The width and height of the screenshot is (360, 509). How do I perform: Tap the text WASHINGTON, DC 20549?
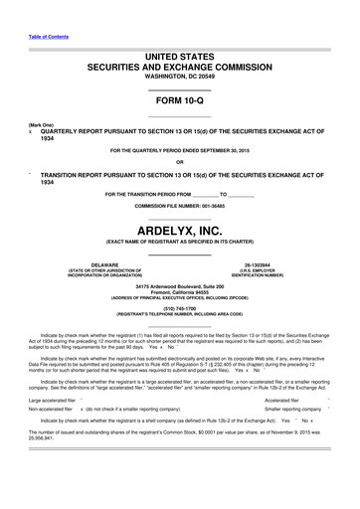click(179, 75)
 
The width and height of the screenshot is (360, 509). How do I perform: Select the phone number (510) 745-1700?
click(179, 308)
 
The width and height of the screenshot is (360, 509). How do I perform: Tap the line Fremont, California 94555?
click(179, 291)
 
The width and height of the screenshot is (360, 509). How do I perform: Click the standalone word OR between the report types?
click(179, 162)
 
